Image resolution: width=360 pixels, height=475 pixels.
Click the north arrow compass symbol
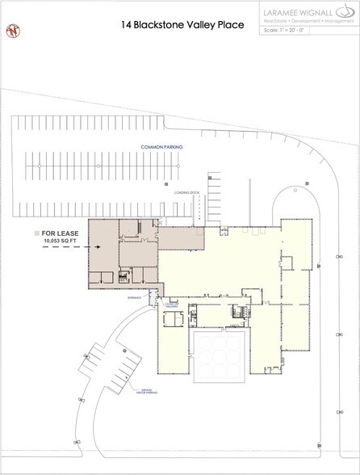coord(13,31)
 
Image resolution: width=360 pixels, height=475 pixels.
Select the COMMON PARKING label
coord(161,147)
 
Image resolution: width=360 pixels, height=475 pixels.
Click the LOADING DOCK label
coord(186,194)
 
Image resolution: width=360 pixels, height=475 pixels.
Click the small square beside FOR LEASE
coord(37,232)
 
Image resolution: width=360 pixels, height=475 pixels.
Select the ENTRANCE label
coord(133,296)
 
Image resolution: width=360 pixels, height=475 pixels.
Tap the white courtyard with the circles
coord(219,355)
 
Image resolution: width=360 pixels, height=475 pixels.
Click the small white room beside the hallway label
coord(173,319)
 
